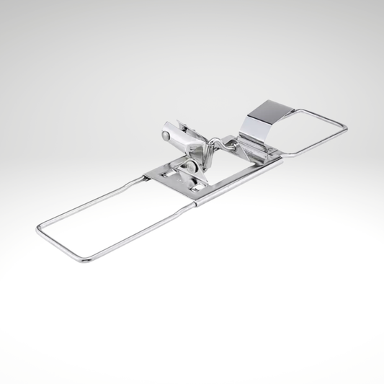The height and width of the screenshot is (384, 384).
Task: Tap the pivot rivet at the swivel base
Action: (190, 167)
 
